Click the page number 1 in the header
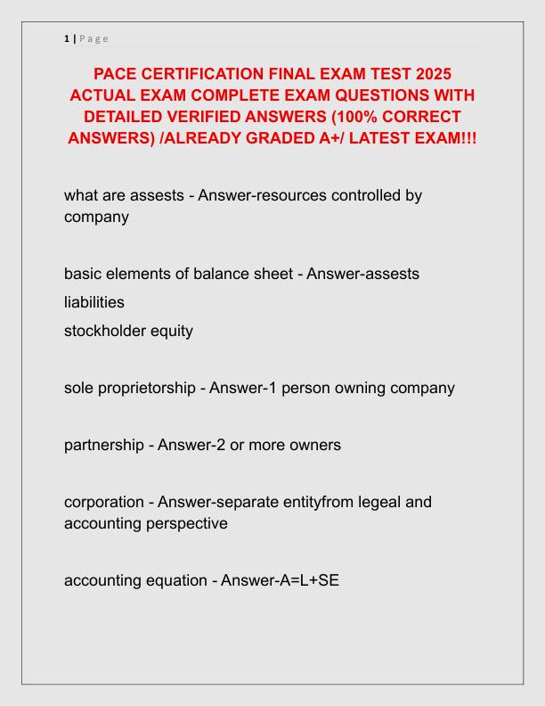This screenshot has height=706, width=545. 67,38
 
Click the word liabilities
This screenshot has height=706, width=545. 94,302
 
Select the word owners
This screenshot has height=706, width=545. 312,444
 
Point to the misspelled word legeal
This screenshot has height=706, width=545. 359,502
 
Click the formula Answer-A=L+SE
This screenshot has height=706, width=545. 280,580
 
